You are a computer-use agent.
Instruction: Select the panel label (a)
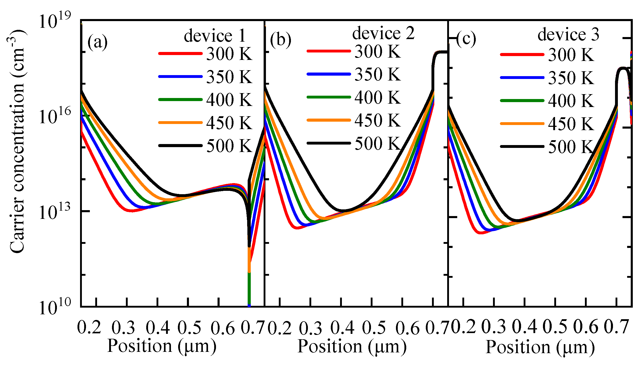[98, 42]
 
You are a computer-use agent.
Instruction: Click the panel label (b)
[281, 40]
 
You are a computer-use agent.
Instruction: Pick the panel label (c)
[466, 39]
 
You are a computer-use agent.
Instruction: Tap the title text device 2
[384, 33]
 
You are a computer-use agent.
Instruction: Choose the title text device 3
[568, 34]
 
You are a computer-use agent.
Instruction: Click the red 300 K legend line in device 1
[180, 53]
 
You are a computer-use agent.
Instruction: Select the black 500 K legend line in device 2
[329, 143]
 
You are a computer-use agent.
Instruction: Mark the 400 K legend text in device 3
[571, 101]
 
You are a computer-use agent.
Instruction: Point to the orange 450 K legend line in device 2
[329, 120]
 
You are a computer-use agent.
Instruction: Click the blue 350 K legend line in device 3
[522, 77]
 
